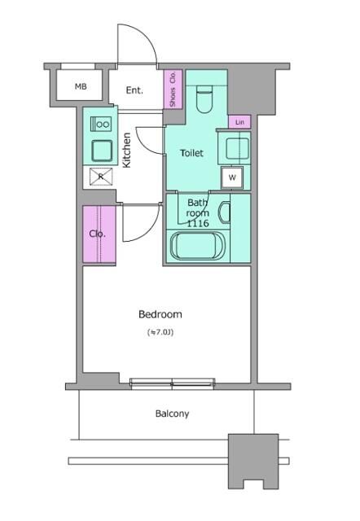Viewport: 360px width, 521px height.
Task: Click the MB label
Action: coord(81,87)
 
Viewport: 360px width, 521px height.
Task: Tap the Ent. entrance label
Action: coord(134,90)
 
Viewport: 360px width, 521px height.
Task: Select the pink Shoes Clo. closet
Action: coord(173,90)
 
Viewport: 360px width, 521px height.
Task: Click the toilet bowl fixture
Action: coord(204,99)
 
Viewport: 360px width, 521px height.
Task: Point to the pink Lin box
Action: coord(239,122)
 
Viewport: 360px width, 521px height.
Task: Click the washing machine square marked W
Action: coord(232,177)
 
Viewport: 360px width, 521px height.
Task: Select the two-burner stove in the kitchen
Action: coord(101,124)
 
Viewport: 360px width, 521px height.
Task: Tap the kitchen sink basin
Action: coord(102,151)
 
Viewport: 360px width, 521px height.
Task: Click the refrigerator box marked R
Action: coord(101,177)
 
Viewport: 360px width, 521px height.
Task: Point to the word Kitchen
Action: coord(126,150)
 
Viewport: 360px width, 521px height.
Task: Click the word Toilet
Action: coord(191,153)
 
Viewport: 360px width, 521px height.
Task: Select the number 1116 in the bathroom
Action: coord(198,223)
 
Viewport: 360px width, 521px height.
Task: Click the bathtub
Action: coord(197,246)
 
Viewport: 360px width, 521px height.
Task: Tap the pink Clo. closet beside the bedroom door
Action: coord(99,234)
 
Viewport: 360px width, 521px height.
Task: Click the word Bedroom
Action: coord(160,314)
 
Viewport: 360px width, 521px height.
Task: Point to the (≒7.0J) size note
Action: coord(160,332)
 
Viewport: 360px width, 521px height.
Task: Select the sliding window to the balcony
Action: coord(172,383)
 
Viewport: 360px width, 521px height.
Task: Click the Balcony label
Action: coord(172,414)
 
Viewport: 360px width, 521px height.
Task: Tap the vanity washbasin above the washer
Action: coord(237,148)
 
